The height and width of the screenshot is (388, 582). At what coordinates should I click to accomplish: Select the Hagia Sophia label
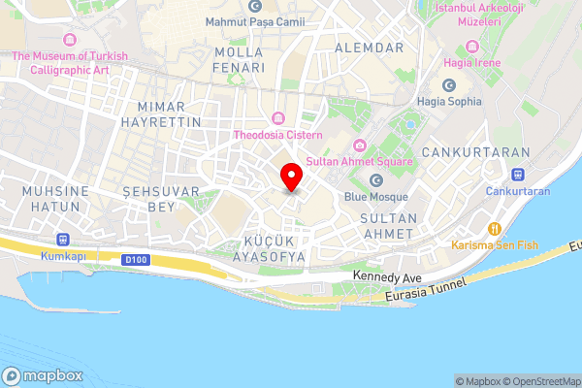tap(449, 100)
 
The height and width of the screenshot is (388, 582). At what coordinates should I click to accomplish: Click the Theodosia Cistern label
tap(277, 135)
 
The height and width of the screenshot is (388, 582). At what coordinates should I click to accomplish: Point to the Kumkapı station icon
tap(65, 239)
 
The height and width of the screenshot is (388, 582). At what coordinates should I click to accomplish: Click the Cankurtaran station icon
tap(518, 175)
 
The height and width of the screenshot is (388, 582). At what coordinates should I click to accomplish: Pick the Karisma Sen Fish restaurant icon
tap(494, 228)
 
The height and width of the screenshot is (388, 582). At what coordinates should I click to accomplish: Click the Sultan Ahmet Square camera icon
tap(360, 145)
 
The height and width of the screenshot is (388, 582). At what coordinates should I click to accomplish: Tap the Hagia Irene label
tap(472, 63)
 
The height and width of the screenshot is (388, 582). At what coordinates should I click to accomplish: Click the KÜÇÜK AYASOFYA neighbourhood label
tap(261, 248)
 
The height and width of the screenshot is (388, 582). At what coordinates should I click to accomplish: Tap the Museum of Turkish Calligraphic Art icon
tap(70, 40)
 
